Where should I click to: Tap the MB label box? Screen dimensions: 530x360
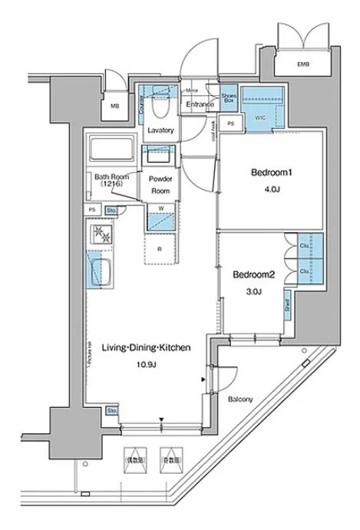tap(114, 106)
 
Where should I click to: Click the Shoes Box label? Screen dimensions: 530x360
tap(228, 97)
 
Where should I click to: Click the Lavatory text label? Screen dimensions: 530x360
tap(160, 130)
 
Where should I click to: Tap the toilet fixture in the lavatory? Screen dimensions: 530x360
tap(160, 91)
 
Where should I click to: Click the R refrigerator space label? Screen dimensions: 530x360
tap(160, 248)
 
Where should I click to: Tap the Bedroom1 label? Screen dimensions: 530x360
tap(256, 173)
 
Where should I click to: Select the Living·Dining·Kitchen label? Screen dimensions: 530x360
tap(146, 348)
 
